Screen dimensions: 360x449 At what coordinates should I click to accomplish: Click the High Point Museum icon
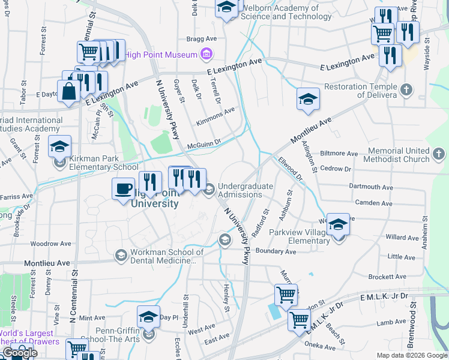click(x=206, y=55)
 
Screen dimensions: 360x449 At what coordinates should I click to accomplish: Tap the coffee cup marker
click(x=124, y=190)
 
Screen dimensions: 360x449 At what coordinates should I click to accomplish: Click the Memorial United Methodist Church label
click(x=391, y=155)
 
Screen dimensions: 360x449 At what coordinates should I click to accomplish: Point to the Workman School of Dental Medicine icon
click(x=121, y=256)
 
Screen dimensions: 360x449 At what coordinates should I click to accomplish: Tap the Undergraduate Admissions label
click(x=245, y=190)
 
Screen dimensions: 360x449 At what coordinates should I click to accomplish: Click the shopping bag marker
click(x=69, y=92)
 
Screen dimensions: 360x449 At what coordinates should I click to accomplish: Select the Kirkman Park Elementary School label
click(x=103, y=167)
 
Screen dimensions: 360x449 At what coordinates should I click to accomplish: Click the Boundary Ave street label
click(x=276, y=251)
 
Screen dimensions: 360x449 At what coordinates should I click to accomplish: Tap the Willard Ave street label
click(x=402, y=238)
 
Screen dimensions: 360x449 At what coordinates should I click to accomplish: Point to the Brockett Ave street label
click(x=388, y=277)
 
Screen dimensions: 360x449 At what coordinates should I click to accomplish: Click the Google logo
click(x=19, y=353)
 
